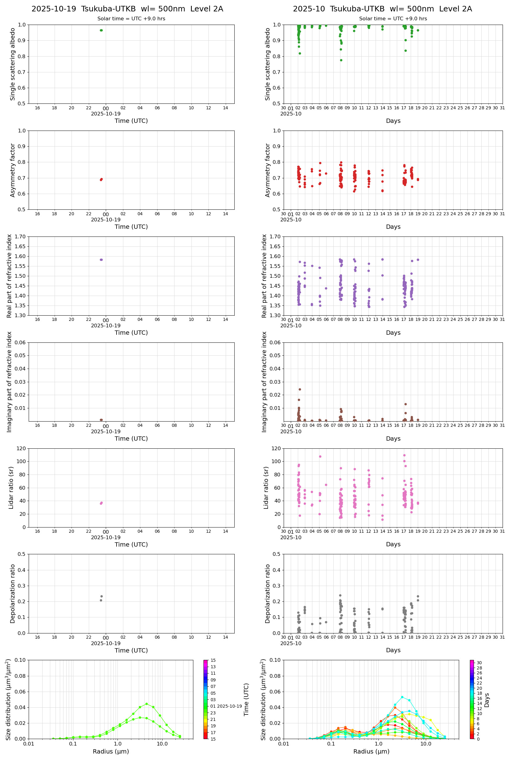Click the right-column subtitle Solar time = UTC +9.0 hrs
(x=393, y=19)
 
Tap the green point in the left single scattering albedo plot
(x=101, y=30)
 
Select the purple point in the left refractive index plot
(x=101, y=260)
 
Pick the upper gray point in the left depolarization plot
(x=101, y=596)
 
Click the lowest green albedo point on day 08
(x=341, y=60)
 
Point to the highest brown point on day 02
(x=300, y=389)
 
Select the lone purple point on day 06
(x=326, y=288)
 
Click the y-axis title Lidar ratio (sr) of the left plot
(x=11, y=487)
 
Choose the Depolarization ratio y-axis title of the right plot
(x=267, y=593)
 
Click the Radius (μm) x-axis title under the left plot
(x=111, y=751)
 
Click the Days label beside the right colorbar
(x=487, y=700)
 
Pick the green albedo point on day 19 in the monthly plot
(x=418, y=30)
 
